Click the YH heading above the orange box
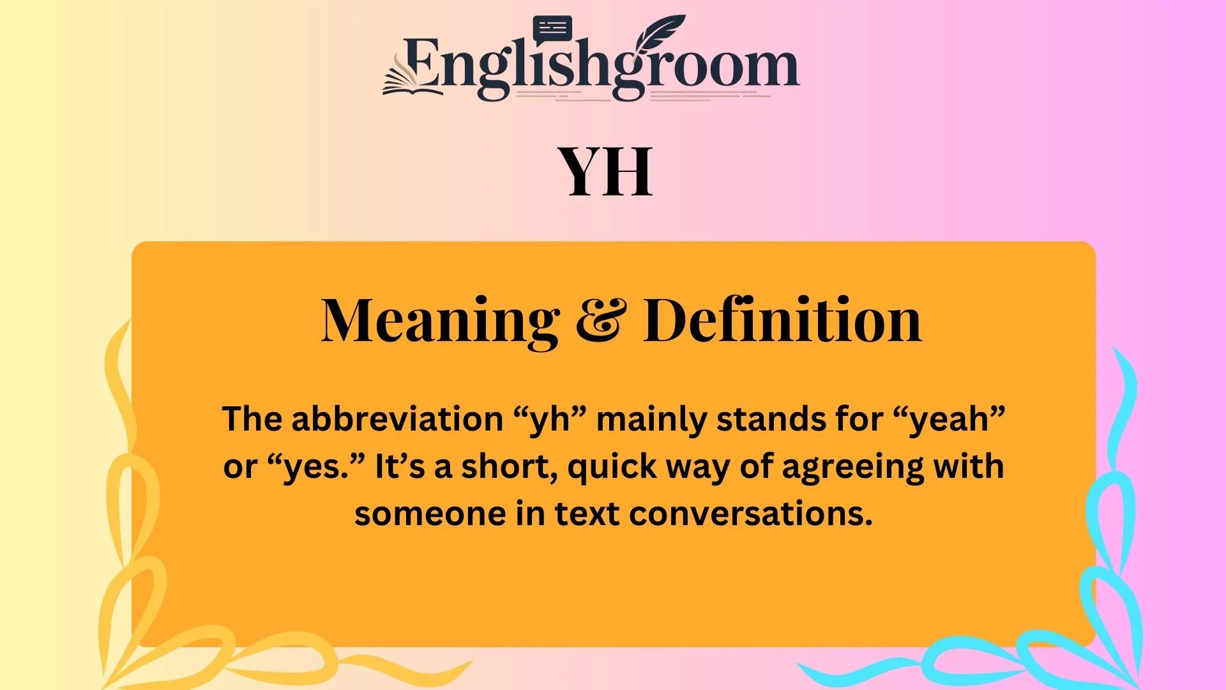pyautogui.click(x=606, y=171)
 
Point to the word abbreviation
pyautogui.click(x=397, y=419)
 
